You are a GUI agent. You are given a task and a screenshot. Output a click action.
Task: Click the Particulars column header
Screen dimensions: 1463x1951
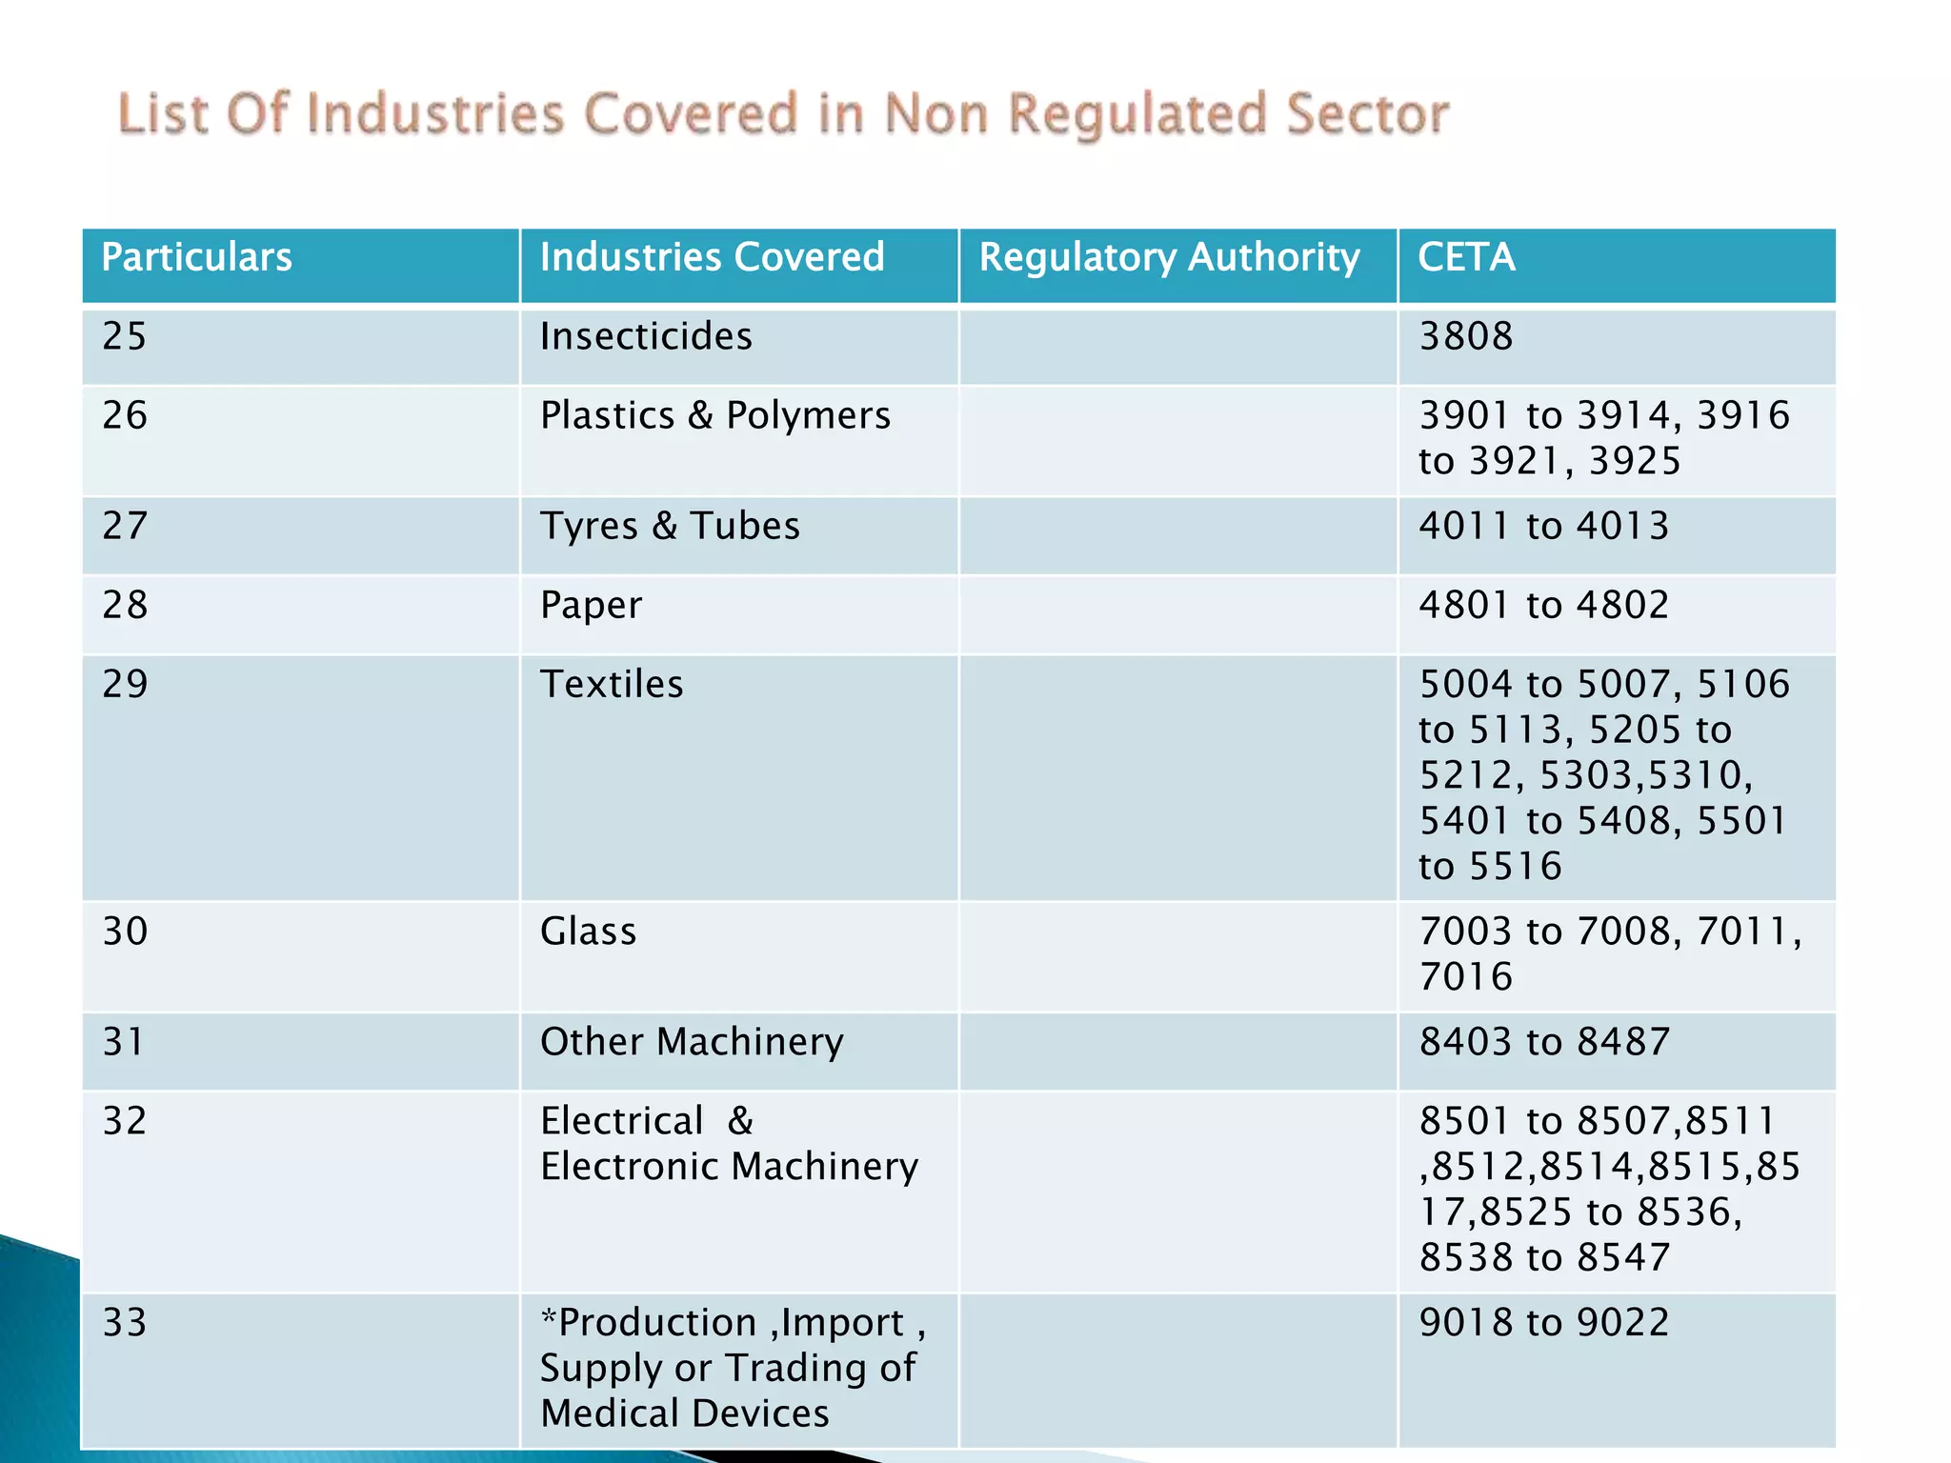point(196,258)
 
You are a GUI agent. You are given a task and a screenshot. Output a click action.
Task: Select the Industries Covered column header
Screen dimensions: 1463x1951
point(712,258)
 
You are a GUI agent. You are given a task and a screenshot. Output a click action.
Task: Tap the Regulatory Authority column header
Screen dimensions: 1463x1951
point(1169,258)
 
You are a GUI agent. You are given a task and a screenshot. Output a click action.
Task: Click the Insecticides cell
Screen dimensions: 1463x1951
point(646,337)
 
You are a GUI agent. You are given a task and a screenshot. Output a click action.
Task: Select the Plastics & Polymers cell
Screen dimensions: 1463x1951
point(714,416)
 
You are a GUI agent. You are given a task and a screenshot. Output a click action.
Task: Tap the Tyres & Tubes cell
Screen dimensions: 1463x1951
point(670,527)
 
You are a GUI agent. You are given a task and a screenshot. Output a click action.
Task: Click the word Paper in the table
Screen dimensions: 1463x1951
point(591,606)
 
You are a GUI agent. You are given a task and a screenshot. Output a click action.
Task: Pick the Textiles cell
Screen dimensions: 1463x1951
point(612,685)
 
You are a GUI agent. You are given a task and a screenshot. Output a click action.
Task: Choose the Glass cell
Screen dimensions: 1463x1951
point(588,932)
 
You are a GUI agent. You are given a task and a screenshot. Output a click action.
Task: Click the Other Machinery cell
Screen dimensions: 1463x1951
point(692,1042)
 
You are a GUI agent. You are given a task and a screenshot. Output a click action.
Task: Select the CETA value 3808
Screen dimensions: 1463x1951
point(1465,337)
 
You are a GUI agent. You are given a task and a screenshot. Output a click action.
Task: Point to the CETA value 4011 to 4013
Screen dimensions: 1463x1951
point(1543,527)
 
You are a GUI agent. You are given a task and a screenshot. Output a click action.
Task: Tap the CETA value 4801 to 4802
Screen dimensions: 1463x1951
point(1543,606)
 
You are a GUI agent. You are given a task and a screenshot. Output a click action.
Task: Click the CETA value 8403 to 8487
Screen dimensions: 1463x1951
point(1543,1042)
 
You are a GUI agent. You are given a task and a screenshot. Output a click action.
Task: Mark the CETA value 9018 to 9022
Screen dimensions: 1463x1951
point(1543,1323)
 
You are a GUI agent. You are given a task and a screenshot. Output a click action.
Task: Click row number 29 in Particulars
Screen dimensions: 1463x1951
point(125,685)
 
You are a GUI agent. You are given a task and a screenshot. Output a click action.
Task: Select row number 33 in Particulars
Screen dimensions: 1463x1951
point(125,1323)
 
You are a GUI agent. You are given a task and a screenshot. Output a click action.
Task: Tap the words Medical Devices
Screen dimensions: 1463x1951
point(684,1413)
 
